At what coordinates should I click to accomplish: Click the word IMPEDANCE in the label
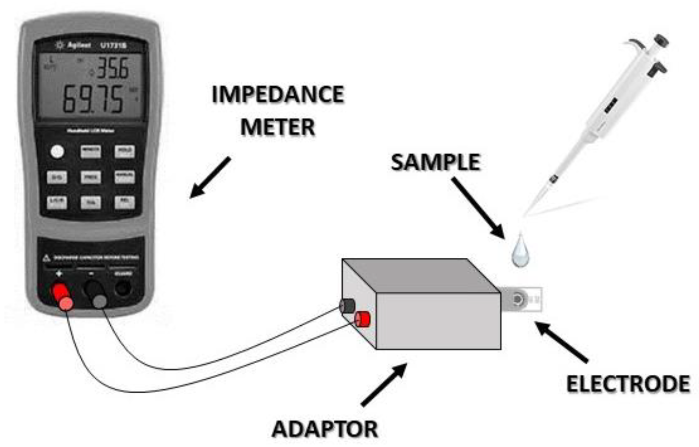[278, 94]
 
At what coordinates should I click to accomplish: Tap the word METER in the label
[278, 127]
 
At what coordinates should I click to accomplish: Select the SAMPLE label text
[435, 162]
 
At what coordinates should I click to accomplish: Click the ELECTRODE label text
[628, 384]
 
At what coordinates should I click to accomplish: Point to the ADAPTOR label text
[325, 429]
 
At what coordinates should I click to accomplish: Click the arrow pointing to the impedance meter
[210, 177]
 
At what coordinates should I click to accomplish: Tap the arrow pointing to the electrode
[562, 342]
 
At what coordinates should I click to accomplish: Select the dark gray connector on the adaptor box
[347, 306]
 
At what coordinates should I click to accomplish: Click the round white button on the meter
[57, 152]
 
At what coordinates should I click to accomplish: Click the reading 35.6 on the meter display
[112, 68]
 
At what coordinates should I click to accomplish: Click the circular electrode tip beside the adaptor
[517, 300]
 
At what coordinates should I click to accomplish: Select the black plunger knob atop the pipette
[661, 40]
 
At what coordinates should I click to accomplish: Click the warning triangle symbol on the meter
[47, 258]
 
